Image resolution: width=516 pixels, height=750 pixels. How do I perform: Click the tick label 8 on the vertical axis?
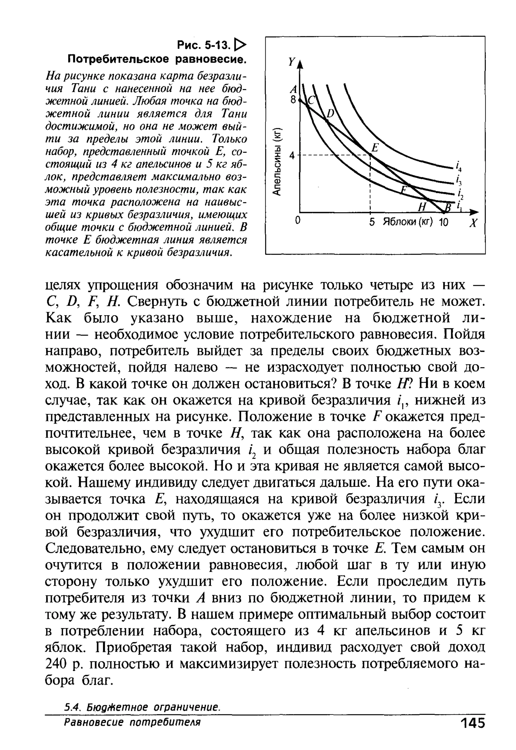pyautogui.click(x=293, y=100)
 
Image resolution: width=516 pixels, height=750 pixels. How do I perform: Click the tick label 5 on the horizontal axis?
pyautogui.click(x=372, y=222)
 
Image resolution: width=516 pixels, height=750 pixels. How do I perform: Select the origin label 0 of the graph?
pyautogui.click(x=298, y=221)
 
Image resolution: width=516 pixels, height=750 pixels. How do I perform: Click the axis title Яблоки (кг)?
pyautogui.click(x=408, y=222)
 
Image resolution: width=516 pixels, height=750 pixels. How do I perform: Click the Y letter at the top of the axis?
pyautogui.click(x=292, y=62)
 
